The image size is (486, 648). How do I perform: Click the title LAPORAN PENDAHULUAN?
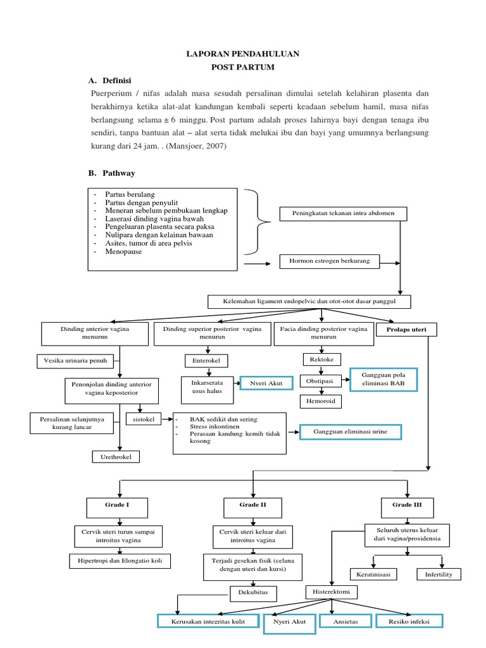click(242, 55)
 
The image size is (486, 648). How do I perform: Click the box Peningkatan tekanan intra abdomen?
click(343, 213)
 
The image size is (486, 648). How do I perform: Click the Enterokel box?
click(206, 361)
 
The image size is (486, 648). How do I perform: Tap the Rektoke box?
click(322, 359)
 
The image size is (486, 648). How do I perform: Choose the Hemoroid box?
click(322, 401)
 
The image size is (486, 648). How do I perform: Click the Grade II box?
click(253, 506)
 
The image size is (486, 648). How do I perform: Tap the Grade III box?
click(402, 506)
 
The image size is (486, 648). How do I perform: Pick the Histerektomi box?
click(332, 592)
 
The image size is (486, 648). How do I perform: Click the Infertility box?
click(439, 575)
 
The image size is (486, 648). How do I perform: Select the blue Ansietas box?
click(346, 621)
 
